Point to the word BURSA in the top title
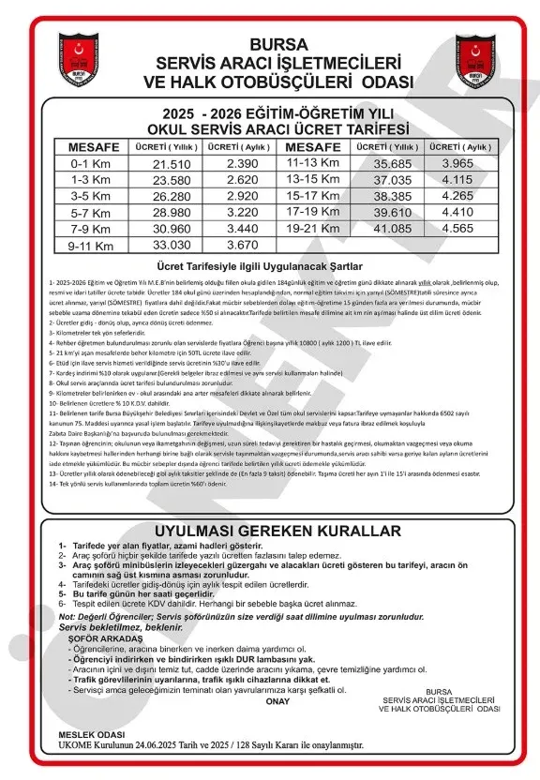click(272, 45)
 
